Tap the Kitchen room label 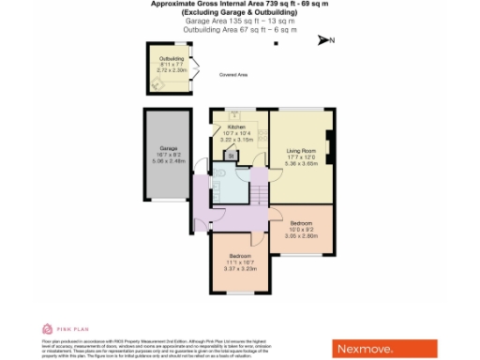click(236, 127)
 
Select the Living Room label click(300, 150)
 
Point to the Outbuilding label click(172, 58)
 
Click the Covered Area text click(233, 75)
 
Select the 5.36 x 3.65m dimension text click(300, 161)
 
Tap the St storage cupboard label click(231, 156)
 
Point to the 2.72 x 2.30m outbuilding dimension click(172, 70)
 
